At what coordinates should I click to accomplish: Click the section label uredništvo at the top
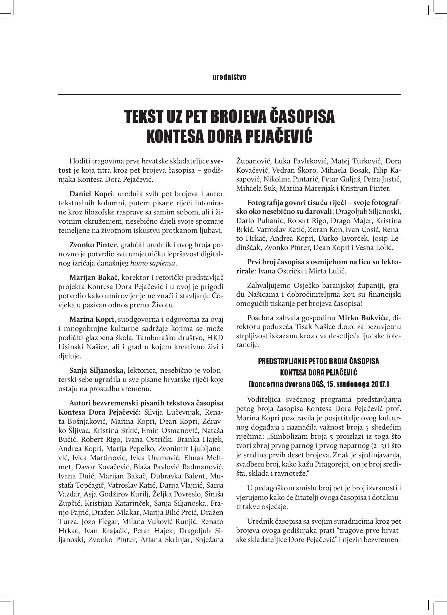click(x=229, y=77)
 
